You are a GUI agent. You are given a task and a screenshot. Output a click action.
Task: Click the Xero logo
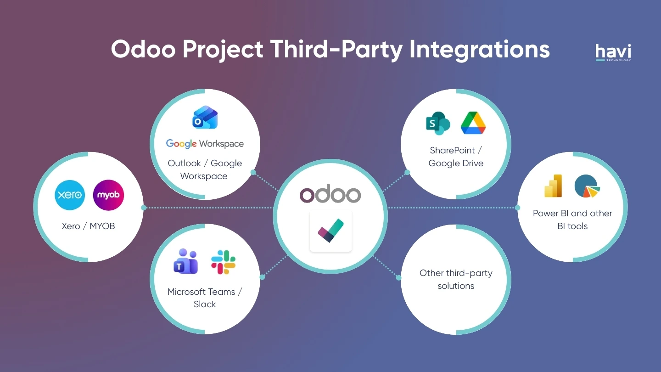tap(70, 195)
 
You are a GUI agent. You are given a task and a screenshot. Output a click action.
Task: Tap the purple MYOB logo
tap(108, 195)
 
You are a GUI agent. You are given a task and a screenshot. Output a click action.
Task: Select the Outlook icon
tap(205, 118)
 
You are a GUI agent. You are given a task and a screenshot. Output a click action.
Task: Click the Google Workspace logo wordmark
tap(205, 144)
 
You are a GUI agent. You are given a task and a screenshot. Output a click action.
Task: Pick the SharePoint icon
tap(437, 123)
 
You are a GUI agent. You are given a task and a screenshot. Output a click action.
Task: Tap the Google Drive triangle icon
tap(473, 123)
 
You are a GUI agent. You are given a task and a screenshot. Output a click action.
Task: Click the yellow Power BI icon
tap(553, 186)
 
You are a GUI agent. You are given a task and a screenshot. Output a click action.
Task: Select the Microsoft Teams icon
tap(185, 261)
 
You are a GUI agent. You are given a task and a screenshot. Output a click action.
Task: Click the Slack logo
tap(223, 262)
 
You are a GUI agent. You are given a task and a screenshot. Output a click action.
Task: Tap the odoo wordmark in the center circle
tap(330, 195)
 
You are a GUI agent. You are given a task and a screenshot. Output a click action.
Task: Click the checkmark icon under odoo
tap(330, 231)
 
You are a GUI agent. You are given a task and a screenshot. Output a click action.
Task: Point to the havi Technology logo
tap(613, 52)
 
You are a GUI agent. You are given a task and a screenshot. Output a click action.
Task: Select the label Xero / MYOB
tap(88, 226)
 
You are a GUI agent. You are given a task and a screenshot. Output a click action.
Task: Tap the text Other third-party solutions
tap(456, 279)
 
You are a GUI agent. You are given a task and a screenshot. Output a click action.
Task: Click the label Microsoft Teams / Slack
tap(205, 298)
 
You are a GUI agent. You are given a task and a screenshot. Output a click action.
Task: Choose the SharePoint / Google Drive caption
tap(456, 157)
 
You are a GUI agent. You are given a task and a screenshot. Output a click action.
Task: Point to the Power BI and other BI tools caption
tap(572, 220)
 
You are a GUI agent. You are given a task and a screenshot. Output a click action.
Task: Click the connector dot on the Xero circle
tap(144, 208)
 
